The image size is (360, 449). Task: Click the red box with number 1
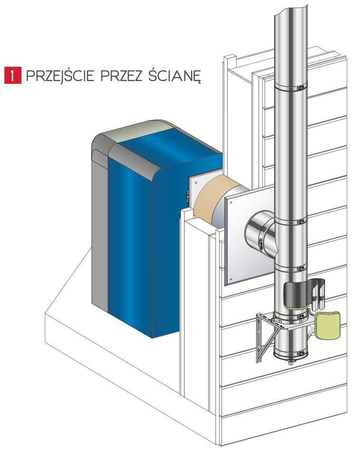(13, 75)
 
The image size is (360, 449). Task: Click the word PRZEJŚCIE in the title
(60, 75)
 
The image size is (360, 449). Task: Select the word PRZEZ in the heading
(121, 76)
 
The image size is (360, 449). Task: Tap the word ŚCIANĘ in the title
(175, 75)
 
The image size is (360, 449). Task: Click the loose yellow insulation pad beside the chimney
(327, 326)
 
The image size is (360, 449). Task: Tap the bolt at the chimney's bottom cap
(291, 363)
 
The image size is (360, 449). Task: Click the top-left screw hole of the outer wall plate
(231, 202)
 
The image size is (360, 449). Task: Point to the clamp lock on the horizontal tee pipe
(260, 243)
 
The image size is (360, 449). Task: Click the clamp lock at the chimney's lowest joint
(300, 354)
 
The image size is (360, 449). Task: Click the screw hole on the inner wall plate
(196, 182)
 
